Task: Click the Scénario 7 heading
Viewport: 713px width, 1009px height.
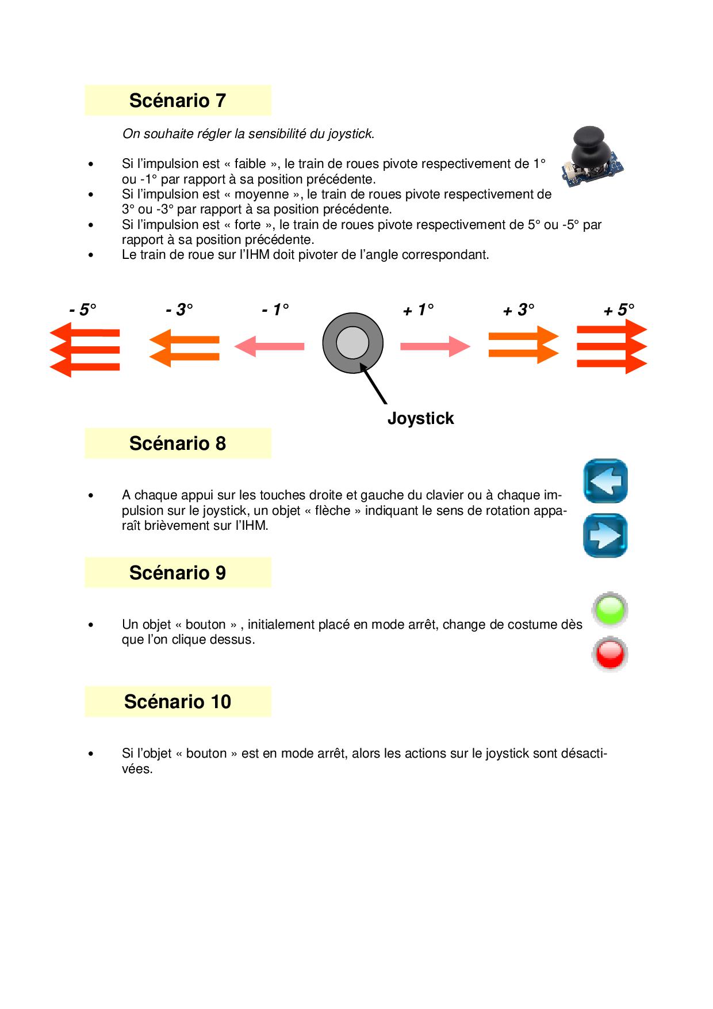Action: tap(177, 101)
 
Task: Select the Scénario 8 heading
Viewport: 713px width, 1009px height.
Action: tap(177, 444)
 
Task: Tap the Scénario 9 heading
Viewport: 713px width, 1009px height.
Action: tap(177, 573)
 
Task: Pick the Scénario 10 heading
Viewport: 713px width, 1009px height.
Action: tap(177, 702)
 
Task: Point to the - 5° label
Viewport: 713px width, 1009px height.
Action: tap(83, 310)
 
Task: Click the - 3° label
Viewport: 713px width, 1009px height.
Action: tap(179, 310)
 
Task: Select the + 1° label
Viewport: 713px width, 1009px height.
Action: tap(418, 311)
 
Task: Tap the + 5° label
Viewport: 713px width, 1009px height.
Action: tap(619, 311)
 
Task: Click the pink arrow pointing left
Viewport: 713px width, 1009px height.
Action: tap(269, 346)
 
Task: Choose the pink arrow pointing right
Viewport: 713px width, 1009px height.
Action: tap(435, 346)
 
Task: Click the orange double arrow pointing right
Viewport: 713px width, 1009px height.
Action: tap(523, 345)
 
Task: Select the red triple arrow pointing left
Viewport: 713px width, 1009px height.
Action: tap(85, 349)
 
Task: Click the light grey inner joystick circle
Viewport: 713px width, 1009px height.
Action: tap(352, 343)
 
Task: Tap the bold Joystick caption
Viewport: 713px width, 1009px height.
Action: tap(420, 418)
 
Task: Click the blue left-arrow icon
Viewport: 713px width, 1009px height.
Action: tap(605, 481)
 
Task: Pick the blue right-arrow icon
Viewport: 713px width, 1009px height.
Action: tap(605, 536)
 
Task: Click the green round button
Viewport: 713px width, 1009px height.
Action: tap(610, 610)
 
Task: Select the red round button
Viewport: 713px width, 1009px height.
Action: tap(610, 654)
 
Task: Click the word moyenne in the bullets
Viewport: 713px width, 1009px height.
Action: tap(262, 194)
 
